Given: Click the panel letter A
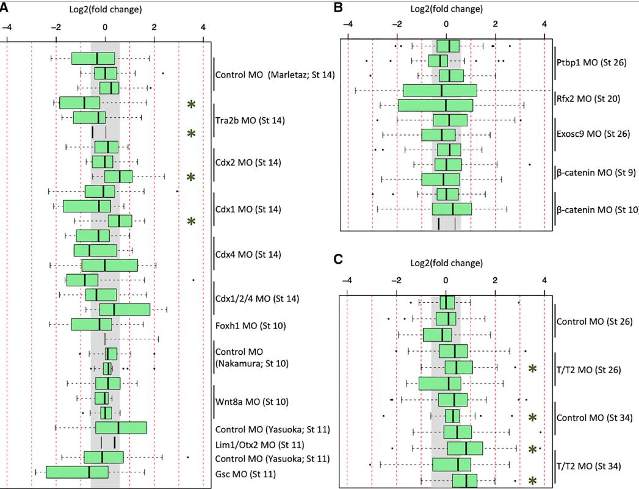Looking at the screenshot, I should [x=4, y=8].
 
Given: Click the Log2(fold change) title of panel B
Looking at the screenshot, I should [x=446, y=9].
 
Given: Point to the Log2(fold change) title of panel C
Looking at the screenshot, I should [x=446, y=264].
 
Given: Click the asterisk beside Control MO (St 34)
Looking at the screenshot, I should [x=533, y=417].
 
